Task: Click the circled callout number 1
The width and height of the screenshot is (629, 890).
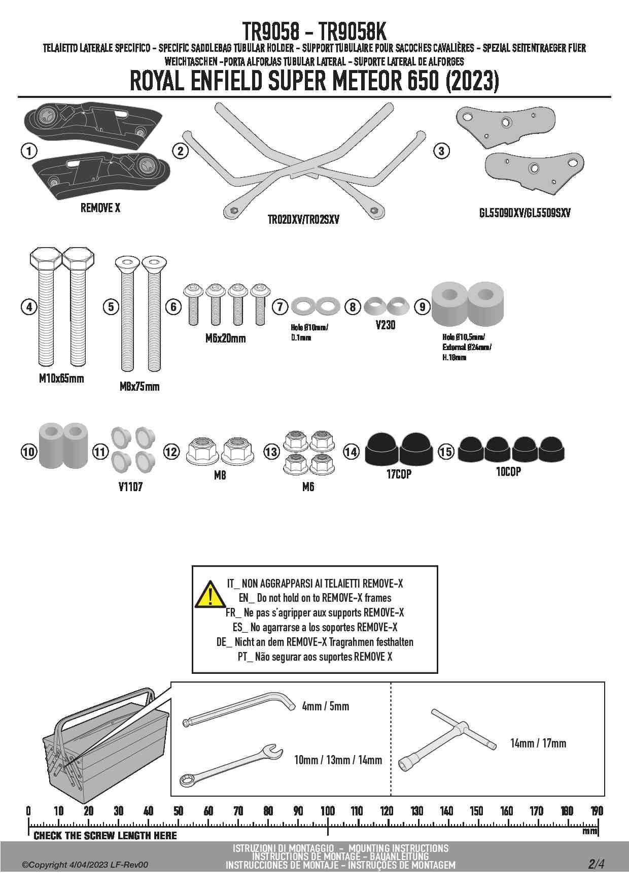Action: click(29, 151)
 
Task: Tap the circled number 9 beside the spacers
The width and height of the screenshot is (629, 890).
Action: click(422, 306)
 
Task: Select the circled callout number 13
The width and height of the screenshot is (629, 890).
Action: click(271, 451)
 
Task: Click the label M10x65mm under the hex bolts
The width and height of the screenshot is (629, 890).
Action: click(61, 379)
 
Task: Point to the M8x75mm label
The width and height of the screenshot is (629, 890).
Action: click(139, 387)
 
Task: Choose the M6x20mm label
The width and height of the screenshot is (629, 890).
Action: click(225, 338)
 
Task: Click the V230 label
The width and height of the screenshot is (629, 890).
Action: click(386, 325)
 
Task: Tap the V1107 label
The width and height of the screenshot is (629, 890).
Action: click(130, 487)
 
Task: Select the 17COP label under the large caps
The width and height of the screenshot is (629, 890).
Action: click(399, 474)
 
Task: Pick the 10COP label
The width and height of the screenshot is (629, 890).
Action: click(508, 472)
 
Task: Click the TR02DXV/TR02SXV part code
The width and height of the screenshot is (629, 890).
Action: click(303, 220)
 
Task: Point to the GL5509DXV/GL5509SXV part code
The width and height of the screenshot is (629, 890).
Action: click(525, 213)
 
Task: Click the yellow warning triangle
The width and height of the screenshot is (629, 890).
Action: click(209, 595)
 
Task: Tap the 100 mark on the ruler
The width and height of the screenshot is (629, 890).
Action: click(328, 811)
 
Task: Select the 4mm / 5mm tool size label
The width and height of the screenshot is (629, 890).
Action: click(325, 706)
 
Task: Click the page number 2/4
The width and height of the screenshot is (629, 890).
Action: click(596, 864)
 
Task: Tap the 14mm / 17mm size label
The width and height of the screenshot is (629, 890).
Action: click(538, 743)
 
